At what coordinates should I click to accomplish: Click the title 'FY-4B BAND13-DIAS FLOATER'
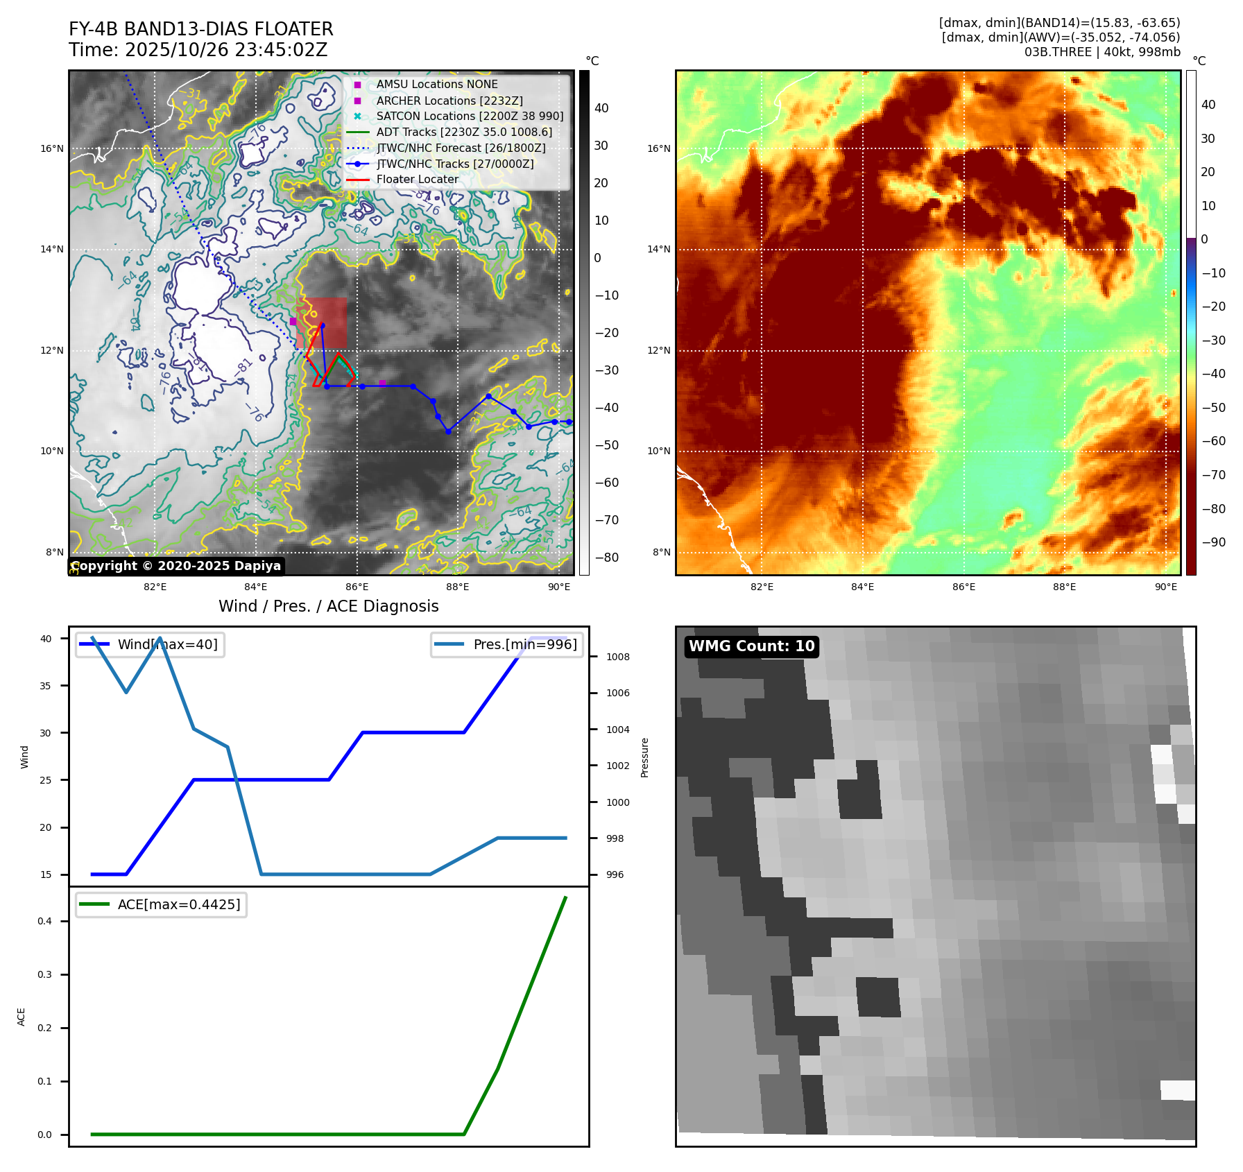[200, 29]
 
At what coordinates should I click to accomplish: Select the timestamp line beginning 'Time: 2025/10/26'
[198, 50]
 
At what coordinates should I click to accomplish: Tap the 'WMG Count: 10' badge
[751, 646]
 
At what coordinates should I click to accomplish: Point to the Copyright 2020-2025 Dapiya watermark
[175, 566]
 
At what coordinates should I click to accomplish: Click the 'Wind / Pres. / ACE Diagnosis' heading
[328, 606]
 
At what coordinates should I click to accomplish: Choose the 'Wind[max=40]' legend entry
[167, 644]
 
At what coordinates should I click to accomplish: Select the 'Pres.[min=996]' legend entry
[524, 644]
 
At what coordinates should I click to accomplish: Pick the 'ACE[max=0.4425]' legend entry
[178, 904]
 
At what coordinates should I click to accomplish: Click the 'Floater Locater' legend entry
[417, 180]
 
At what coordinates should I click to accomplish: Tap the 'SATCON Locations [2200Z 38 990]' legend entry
[470, 117]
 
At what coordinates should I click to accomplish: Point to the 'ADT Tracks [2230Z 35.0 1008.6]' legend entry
[464, 132]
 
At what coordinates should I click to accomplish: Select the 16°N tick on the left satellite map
[52, 148]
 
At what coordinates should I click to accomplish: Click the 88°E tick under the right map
[1064, 587]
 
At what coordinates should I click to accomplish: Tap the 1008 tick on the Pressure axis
[617, 657]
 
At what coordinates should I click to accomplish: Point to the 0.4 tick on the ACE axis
[45, 921]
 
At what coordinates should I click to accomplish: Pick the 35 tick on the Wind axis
[46, 686]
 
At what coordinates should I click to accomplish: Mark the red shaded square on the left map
[321, 323]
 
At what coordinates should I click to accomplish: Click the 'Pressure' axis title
[645, 757]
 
